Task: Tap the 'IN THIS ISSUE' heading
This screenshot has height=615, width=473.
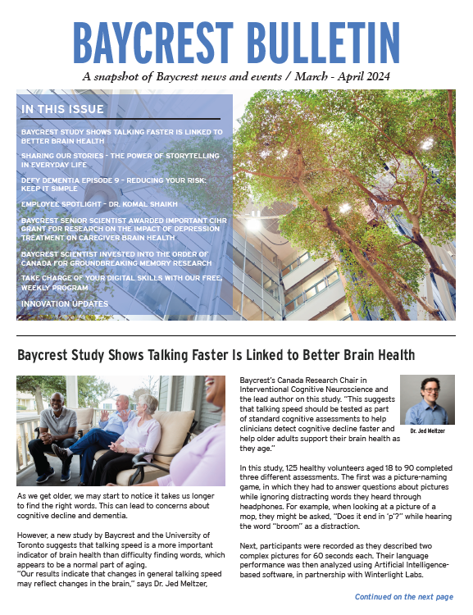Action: (62, 109)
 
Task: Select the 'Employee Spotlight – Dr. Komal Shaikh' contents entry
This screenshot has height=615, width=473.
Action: (98, 203)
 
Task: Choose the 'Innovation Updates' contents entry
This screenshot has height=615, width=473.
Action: (65, 303)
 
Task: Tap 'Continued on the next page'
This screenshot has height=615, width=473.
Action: (403, 597)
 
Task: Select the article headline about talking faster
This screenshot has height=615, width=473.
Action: (216, 354)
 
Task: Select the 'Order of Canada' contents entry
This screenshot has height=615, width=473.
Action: (116, 259)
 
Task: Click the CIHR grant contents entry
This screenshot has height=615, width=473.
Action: (124, 229)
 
